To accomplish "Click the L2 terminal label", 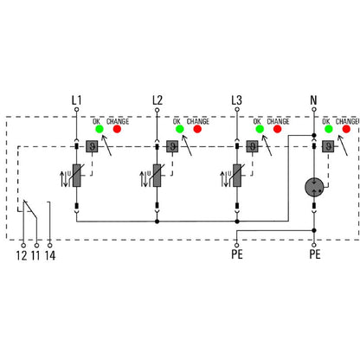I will [157, 100].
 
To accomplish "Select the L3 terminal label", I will [236, 100].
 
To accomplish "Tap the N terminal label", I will [313, 100].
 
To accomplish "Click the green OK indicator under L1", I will [99, 130].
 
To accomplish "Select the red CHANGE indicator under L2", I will [197, 130].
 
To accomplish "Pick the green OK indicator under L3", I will [258, 130].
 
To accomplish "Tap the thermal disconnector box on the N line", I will [329, 145].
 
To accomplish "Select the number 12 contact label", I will [21, 255].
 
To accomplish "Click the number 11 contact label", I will [35, 255].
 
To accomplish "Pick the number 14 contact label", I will [49, 255].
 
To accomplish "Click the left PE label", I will [236, 255].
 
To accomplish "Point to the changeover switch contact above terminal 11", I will [30, 209].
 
